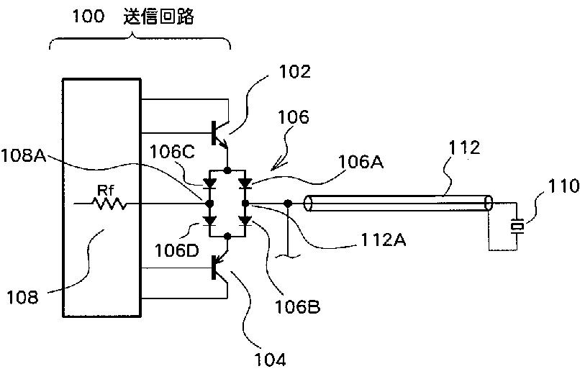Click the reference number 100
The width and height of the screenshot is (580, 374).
[88, 17]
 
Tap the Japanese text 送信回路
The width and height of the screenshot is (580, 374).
[158, 17]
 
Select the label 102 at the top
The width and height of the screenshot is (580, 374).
[294, 71]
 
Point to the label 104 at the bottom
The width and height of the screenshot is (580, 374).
[271, 359]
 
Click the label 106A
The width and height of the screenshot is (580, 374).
[361, 162]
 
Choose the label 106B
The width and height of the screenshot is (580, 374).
[297, 306]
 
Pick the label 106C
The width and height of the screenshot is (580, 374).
[172, 152]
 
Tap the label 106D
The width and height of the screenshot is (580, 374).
[177, 250]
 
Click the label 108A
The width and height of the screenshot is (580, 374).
[24, 155]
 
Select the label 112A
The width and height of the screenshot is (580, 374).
[383, 240]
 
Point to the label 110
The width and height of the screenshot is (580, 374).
[563, 186]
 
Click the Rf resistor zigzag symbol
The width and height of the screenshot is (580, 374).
[109, 204]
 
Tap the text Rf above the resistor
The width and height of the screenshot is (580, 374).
[105, 191]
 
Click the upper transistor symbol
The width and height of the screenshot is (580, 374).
[220, 134]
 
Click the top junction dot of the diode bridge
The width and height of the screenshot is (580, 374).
[228, 170]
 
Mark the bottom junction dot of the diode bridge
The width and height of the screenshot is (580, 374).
[228, 236]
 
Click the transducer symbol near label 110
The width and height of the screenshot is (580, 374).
[517, 226]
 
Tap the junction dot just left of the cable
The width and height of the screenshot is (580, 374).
[287, 203]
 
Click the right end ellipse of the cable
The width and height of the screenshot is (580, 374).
[489, 204]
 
